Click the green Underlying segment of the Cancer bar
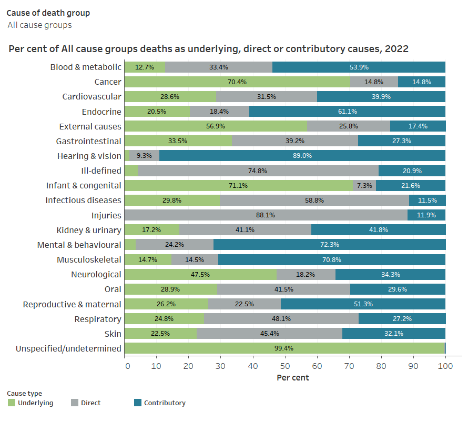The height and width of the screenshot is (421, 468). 237,82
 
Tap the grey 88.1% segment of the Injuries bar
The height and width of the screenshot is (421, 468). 266,215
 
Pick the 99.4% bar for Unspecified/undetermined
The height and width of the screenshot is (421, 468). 284,348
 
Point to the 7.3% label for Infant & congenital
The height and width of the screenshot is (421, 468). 364,185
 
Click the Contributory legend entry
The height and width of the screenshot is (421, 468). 164,403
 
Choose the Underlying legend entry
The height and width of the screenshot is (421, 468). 35,403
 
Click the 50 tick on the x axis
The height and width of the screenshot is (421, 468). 285,367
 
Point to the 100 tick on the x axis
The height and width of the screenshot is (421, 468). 445,367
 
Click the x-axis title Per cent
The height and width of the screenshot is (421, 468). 292,378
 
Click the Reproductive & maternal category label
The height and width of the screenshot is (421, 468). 72,304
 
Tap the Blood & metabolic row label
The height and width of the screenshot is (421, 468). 86,67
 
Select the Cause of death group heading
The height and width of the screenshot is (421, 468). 48,13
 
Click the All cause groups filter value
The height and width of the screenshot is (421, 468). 39,25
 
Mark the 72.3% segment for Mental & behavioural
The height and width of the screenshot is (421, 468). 329,245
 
